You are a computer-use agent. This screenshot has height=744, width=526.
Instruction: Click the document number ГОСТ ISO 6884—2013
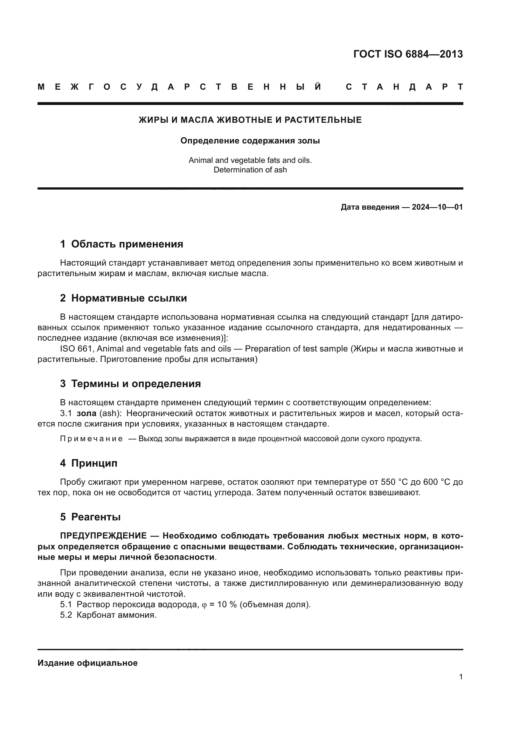pyautogui.click(x=408, y=54)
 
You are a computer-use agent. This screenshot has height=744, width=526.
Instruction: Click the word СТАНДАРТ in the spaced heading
pyautogui.click(x=404, y=87)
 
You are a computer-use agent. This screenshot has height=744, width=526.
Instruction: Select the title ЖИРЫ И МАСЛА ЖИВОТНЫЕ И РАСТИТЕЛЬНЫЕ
pyautogui.click(x=250, y=120)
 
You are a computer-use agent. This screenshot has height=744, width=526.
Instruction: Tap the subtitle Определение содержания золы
pyautogui.click(x=250, y=141)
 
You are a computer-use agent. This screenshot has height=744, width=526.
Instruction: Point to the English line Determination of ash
pyautogui.click(x=250, y=170)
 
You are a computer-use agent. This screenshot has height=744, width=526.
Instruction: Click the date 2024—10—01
pyautogui.click(x=437, y=207)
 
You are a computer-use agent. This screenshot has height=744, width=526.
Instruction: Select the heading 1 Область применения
pyautogui.click(x=121, y=244)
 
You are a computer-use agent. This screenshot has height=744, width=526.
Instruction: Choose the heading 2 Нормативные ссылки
pyautogui.click(x=123, y=298)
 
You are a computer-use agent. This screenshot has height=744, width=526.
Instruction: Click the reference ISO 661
pyautogui.click(x=77, y=349)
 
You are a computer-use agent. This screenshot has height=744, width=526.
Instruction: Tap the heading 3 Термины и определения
pyautogui.click(x=130, y=384)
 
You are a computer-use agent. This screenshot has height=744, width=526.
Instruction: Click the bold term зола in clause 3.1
pyautogui.click(x=87, y=413)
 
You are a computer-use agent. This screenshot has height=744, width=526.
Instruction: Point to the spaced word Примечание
pyautogui.click(x=91, y=439)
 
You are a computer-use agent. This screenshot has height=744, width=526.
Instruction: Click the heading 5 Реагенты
pyautogui.click(x=90, y=517)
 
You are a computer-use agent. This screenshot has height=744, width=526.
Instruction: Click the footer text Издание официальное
pyautogui.click(x=87, y=663)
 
